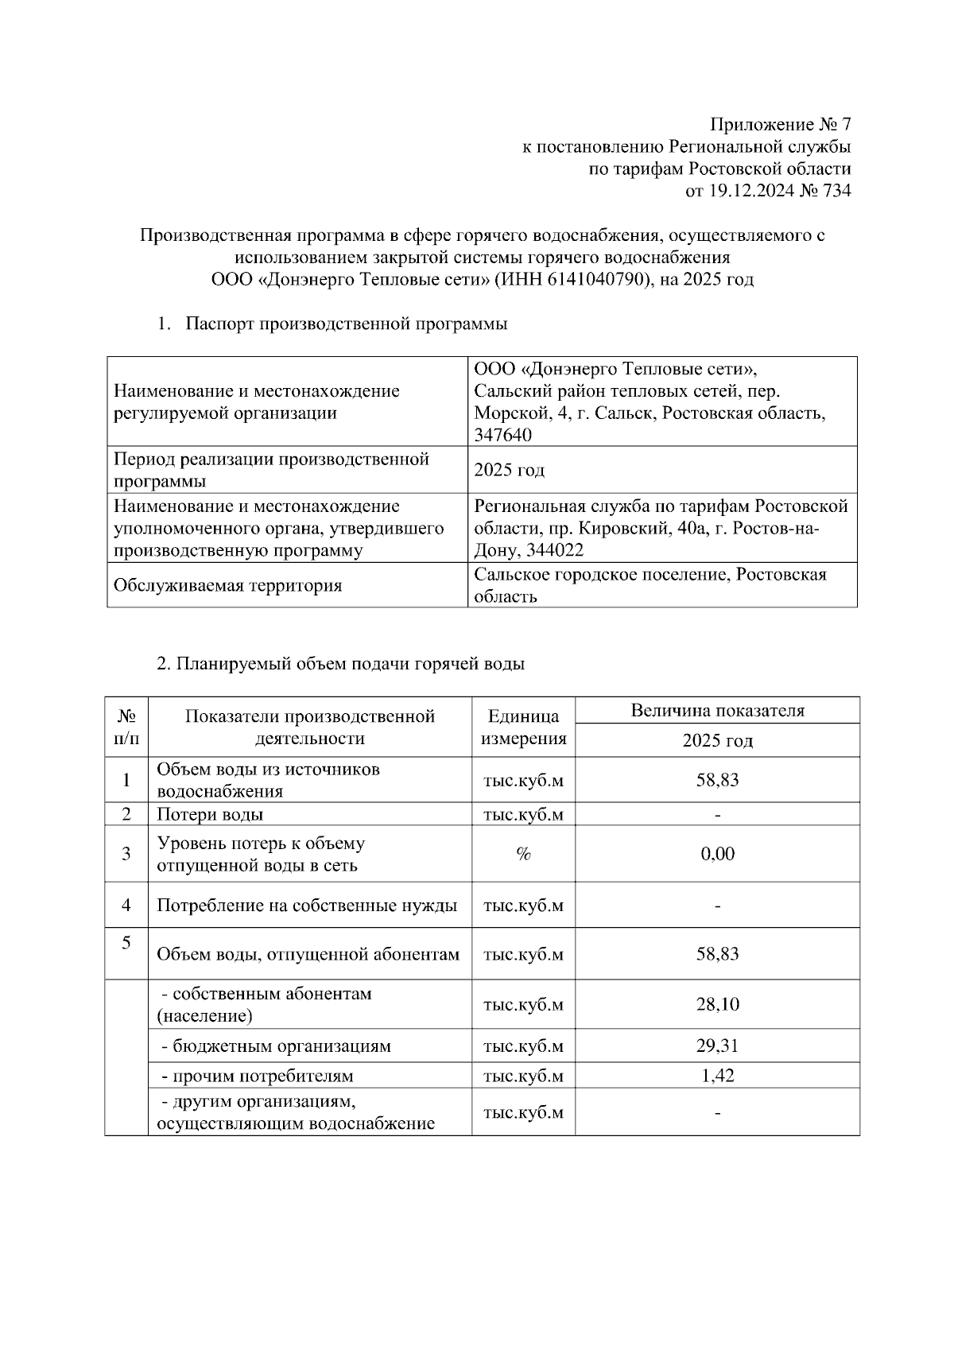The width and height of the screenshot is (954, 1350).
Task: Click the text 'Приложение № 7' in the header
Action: [780, 125]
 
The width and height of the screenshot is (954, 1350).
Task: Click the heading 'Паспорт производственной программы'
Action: [347, 324]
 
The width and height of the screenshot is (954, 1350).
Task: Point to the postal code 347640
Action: [502, 435]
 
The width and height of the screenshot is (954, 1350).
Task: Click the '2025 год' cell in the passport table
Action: [509, 470]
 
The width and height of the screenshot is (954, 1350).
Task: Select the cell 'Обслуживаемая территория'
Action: [228, 586]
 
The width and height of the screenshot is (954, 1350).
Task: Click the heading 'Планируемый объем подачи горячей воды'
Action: [350, 664]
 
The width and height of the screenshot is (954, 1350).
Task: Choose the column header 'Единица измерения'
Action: [523, 727]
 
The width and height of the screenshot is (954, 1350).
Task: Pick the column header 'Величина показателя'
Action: [717, 711]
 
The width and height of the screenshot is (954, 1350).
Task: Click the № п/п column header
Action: [126, 727]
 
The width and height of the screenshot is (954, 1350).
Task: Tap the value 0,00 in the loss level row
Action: [717, 854]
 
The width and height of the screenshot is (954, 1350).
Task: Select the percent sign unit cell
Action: [523, 854]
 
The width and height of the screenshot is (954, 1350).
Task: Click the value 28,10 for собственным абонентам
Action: [717, 1004]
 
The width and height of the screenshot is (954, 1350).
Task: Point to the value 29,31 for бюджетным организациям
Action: [717, 1045]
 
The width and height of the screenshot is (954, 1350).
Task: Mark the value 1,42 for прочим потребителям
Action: [717, 1076]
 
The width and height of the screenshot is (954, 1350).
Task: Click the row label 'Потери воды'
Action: [210, 814]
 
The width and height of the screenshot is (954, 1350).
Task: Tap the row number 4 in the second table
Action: [126, 905]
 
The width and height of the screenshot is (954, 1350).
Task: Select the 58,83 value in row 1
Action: [717, 780]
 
